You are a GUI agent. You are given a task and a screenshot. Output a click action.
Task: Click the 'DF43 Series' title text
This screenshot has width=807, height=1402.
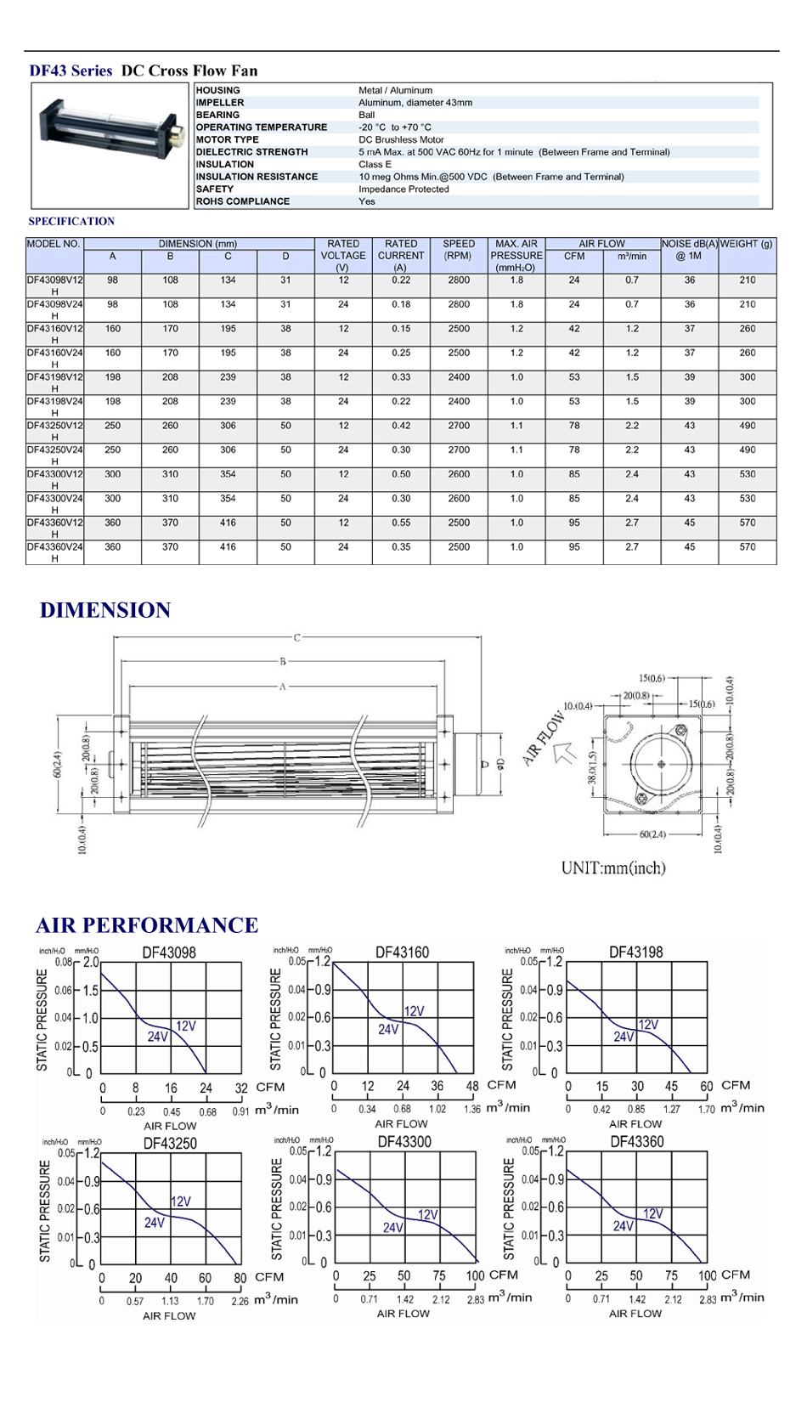(71, 71)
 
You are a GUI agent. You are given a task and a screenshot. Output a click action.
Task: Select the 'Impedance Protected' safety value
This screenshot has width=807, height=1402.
(403, 189)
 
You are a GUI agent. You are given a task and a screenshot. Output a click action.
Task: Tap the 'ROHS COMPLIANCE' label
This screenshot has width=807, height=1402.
(243, 201)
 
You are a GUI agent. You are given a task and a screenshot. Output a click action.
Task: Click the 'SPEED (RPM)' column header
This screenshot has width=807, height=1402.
(459, 250)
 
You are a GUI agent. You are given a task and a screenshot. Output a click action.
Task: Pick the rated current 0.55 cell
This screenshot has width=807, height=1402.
(401, 523)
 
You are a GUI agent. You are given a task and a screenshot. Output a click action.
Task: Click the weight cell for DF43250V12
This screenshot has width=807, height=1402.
(748, 426)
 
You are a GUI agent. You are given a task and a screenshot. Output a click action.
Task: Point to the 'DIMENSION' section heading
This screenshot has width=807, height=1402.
(105, 610)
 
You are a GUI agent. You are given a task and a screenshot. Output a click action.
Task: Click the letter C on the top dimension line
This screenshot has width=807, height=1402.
(297, 637)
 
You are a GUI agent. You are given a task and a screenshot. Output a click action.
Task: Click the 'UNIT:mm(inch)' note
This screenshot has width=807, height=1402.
(613, 868)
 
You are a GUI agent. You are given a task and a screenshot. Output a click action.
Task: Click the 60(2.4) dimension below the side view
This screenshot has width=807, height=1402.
(652, 834)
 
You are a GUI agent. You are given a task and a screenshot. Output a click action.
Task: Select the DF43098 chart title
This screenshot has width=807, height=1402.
(169, 953)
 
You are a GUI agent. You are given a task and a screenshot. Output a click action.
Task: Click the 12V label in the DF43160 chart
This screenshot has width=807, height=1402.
(414, 1011)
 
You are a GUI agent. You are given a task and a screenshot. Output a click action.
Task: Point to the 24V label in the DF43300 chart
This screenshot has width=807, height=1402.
(392, 1228)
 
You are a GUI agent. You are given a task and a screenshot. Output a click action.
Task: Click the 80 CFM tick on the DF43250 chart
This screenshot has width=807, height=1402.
(240, 1278)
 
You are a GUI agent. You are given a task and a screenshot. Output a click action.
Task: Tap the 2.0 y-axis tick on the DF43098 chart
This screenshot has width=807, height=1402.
(91, 963)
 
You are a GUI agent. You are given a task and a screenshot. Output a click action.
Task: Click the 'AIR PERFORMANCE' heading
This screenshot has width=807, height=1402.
(147, 925)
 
